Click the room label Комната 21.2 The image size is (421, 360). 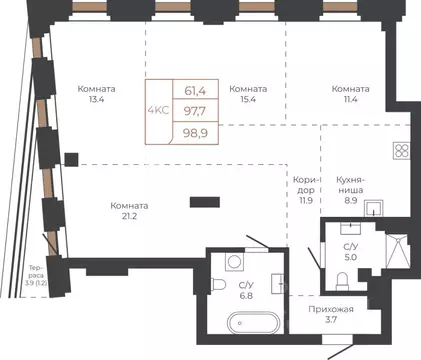pos(129,211)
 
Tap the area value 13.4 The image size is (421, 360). pos(96,99)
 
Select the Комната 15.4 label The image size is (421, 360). pos(248,94)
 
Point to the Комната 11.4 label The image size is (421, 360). pos(350,94)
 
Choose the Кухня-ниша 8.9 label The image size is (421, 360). pos(350,190)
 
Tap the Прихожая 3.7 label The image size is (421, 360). pos(331,315)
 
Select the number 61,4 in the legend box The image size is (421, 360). pos(195,91)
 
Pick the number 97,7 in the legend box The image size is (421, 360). pos(195,111)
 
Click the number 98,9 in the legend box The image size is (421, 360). pos(195,133)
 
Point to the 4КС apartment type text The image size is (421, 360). pos(159,110)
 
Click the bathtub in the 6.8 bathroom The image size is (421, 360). pos(253,323)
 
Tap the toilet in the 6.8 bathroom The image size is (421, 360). pos(218,285)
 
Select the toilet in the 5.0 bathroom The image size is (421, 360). pos(342,281)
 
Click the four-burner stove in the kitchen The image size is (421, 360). pos(401,150)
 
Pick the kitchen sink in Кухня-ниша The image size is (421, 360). pos(374,208)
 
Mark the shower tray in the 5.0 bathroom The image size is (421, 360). pos(397,251)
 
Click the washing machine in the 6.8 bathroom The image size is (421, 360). pos(235,262)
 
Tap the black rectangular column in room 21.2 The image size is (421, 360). pos(205,202)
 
